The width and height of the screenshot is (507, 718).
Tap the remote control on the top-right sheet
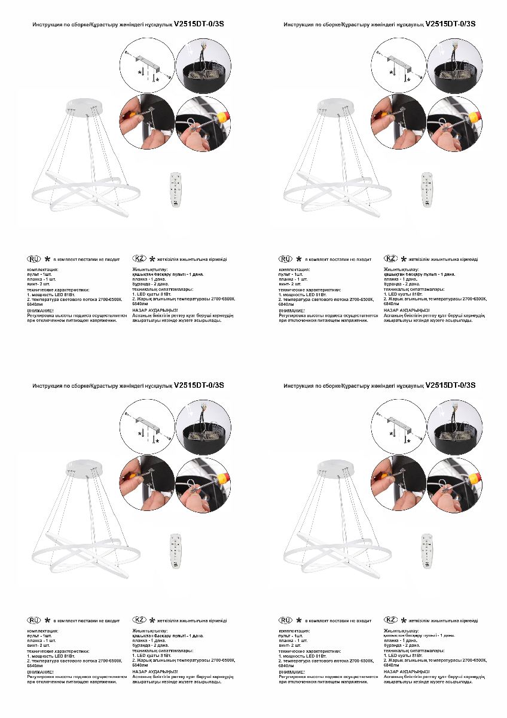pyautogui.click(x=426, y=190)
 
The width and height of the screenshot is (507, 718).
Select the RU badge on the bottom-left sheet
pyautogui.click(x=34, y=620)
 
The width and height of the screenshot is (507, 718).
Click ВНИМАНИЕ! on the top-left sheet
pyautogui.click(x=41, y=312)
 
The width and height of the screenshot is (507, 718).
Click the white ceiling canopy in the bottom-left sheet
pyautogui.click(x=85, y=466)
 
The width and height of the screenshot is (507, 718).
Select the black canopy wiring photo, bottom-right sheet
pyautogui.click(x=455, y=424)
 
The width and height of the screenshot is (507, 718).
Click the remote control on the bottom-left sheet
pyautogui.click(x=175, y=551)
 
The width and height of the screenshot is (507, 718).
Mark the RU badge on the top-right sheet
pyautogui.click(x=286, y=259)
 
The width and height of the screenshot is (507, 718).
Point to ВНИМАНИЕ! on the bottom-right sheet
pyautogui.click(x=292, y=673)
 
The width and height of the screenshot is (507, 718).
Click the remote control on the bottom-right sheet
pyautogui.click(x=426, y=551)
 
